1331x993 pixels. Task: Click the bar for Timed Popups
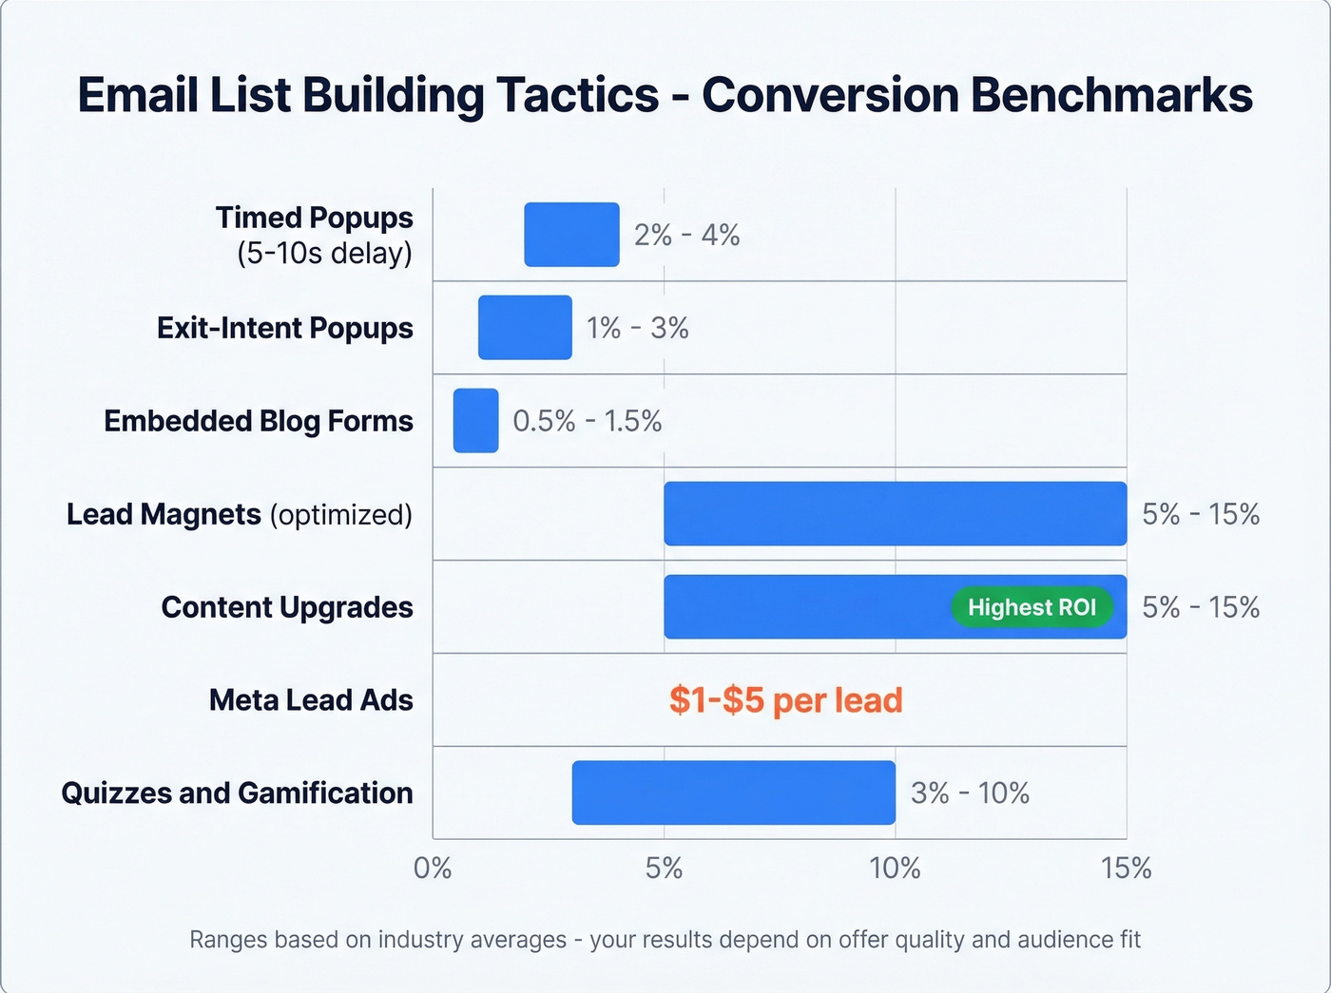click(x=571, y=235)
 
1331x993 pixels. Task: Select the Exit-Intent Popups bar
click(x=525, y=328)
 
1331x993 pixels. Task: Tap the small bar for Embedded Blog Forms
click(x=475, y=421)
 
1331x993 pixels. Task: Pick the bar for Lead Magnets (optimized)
click(x=895, y=514)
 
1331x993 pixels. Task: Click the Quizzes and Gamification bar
click(x=733, y=792)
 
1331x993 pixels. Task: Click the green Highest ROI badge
click(x=1032, y=607)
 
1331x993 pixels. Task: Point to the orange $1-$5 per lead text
click(x=785, y=700)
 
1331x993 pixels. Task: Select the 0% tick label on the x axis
click(x=433, y=868)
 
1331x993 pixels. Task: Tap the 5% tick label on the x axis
click(x=664, y=868)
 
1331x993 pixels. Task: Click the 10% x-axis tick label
click(x=895, y=868)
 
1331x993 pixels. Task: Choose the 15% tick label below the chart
click(x=1127, y=868)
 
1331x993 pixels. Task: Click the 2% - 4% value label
click(x=687, y=235)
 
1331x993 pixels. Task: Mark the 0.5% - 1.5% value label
click(x=588, y=421)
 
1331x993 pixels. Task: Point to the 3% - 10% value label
click(x=970, y=792)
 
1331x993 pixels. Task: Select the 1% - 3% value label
click(x=637, y=328)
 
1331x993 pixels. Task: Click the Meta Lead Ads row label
click(x=311, y=700)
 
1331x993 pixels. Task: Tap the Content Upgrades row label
click(x=287, y=607)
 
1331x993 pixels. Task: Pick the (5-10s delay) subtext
click(x=324, y=254)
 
